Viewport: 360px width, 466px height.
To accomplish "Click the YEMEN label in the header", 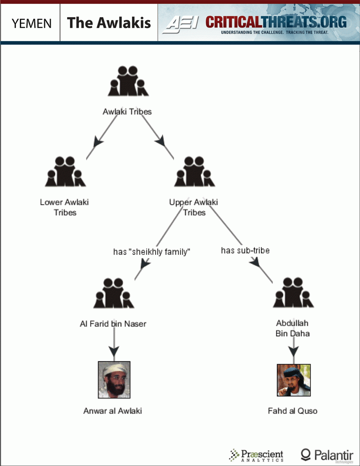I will pyautogui.click(x=31, y=23).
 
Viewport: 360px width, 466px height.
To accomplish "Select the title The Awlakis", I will pyautogui.click(x=109, y=23).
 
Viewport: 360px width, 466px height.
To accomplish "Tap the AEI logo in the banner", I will pyautogui.click(x=182, y=23).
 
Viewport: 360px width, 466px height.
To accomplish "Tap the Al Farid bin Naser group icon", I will pyautogui.click(x=113, y=293).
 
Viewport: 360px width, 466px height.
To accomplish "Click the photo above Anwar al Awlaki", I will pyautogui.click(x=114, y=380).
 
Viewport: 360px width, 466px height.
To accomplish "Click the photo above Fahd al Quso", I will pyautogui.click(x=294, y=380).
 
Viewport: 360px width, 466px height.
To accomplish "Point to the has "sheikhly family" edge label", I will pyautogui.click(x=151, y=252).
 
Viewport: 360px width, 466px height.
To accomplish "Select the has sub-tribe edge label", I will pyautogui.click(x=245, y=250).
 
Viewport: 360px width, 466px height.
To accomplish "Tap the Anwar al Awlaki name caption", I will pyautogui.click(x=113, y=411).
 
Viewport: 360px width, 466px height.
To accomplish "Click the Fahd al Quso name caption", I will pyautogui.click(x=292, y=411).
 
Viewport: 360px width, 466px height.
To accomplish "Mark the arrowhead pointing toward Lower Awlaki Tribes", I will pyautogui.click(x=98, y=142).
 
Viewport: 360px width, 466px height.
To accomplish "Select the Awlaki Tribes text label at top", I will pyautogui.click(x=127, y=112).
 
